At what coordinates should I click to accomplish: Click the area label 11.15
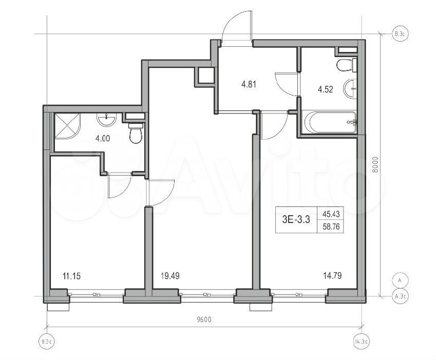click(x=72, y=276)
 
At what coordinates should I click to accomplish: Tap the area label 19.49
click(x=170, y=276)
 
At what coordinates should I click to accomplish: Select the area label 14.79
click(x=333, y=275)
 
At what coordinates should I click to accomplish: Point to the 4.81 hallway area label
click(x=249, y=84)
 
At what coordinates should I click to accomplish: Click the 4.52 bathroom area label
click(x=326, y=89)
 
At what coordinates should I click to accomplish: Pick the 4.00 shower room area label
click(x=103, y=138)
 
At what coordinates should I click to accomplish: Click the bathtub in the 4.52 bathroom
click(x=330, y=122)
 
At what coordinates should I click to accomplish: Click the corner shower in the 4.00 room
click(x=68, y=126)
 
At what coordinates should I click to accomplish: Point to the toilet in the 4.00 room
click(x=136, y=134)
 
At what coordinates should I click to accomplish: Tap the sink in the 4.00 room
click(x=106, y=120)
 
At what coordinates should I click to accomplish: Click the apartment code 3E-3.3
click(x=296, y=220)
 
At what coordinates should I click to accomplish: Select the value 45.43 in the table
click(x=331, y=214)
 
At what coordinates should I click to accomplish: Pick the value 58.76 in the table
click(x=331, y=226)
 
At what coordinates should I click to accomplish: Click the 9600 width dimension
click(x=204, y=320)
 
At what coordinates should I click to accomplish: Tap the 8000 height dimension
click(x=375, y=165)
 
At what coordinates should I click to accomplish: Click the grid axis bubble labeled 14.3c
click(x=362, y=341)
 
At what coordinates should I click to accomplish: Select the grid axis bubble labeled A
click(x=400, y=280)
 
